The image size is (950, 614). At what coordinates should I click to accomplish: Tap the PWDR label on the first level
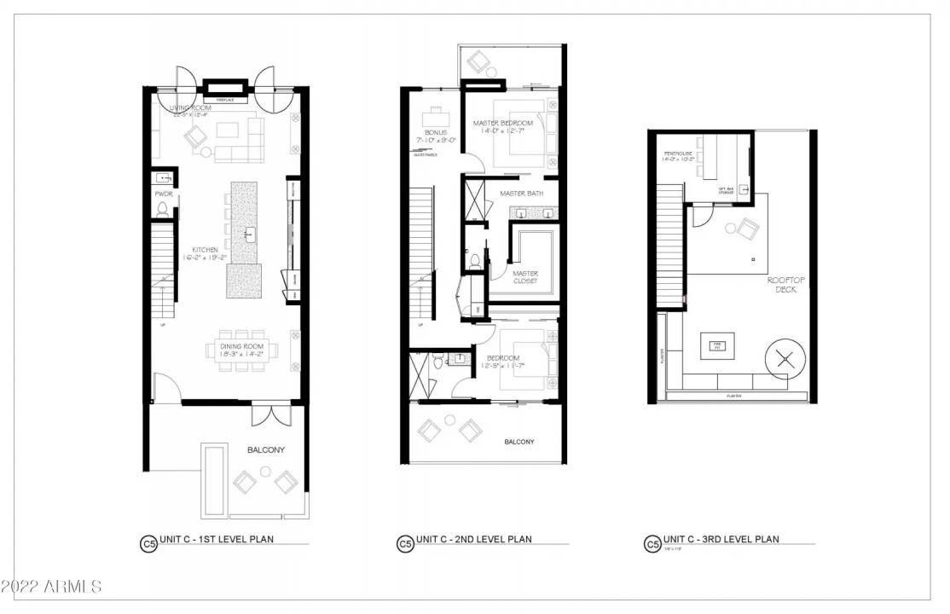(164, 194)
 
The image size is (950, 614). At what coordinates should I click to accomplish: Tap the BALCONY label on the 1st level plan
(265, 449)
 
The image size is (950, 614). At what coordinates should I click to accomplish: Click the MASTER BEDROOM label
(503, 124)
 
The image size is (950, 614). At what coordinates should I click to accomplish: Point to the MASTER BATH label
(521, 194)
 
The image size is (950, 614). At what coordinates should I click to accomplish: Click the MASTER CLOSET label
(524, 276)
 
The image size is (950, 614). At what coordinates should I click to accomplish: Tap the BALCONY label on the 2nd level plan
(518, 442)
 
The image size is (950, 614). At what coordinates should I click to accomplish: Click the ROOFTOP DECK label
(784, 284)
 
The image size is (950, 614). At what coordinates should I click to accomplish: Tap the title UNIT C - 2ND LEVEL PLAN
(473, 539)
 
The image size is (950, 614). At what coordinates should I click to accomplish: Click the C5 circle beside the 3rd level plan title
(652, 543)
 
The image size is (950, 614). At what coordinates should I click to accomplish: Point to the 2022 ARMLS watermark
(51, 587)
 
